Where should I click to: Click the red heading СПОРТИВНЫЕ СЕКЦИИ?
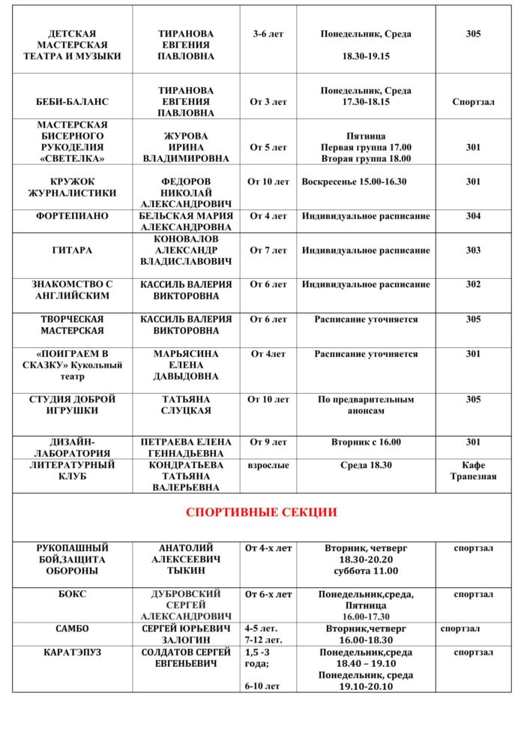261,512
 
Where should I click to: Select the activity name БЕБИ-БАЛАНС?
72,102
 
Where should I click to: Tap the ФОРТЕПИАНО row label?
72,216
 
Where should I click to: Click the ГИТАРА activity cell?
72,250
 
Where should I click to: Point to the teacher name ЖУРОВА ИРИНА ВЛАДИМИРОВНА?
186,148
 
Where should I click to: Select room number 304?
473,216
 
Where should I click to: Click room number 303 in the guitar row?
473,250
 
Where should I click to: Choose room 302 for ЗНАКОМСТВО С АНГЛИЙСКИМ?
473,285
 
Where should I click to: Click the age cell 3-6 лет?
268,34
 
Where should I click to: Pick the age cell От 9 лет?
268,442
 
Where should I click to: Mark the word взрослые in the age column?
268,466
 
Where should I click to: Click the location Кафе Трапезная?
473,471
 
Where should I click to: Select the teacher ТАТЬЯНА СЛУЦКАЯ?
186,405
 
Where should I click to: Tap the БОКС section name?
72,594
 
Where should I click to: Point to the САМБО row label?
72,628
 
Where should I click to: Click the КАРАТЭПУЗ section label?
72,652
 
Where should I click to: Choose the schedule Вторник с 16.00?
366,442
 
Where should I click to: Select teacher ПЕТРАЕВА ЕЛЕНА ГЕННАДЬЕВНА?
186,448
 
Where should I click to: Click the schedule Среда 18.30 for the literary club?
366,466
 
